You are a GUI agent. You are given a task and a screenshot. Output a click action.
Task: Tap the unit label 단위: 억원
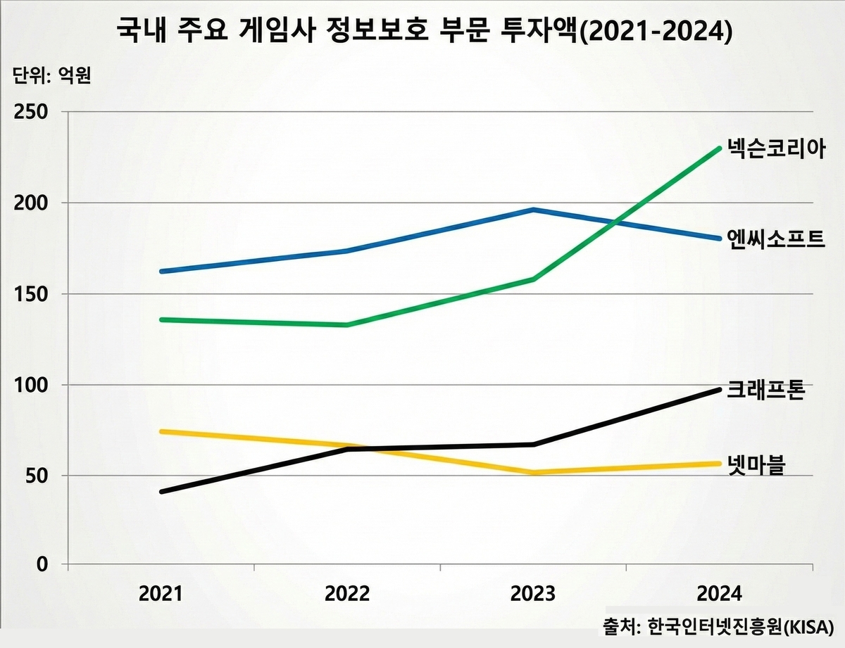[52, 75]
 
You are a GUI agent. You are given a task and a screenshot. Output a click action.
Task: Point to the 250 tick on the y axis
[32, 113]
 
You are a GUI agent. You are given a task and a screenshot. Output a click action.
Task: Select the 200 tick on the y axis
[32, 203]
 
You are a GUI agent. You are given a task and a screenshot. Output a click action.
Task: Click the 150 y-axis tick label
[32, 294]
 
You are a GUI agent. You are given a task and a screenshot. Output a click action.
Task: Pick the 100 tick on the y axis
[32, 385]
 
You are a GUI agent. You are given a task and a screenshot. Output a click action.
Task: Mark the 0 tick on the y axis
[43, 564]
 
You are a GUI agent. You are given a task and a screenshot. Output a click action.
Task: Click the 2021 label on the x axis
[161, 594]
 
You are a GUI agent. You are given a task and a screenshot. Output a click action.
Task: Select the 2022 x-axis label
[347, 594]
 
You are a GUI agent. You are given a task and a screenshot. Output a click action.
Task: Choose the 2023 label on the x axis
[533, 594]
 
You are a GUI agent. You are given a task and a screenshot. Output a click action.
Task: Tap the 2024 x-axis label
[720, 594]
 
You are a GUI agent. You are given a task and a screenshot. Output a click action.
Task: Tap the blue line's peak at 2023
[534, 210]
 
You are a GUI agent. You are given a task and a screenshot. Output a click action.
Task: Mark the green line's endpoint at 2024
[719, 148]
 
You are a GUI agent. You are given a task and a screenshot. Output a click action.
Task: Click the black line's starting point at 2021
[162, 491]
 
